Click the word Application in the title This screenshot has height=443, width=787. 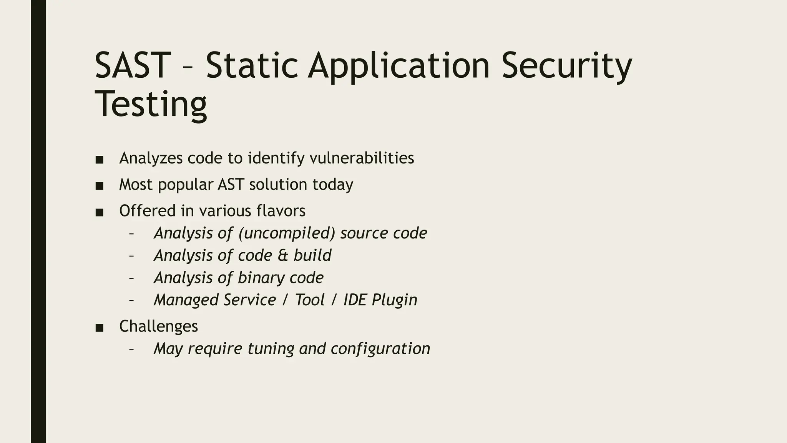(x=398, y=66)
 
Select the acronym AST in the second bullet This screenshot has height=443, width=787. (x=231, y=185)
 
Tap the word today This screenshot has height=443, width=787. (x=332, y=185)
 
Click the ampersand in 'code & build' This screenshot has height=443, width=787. (x=282, y=256)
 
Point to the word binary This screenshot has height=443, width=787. (x=261, y=278)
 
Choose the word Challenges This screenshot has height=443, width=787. (x=158, y=326)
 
